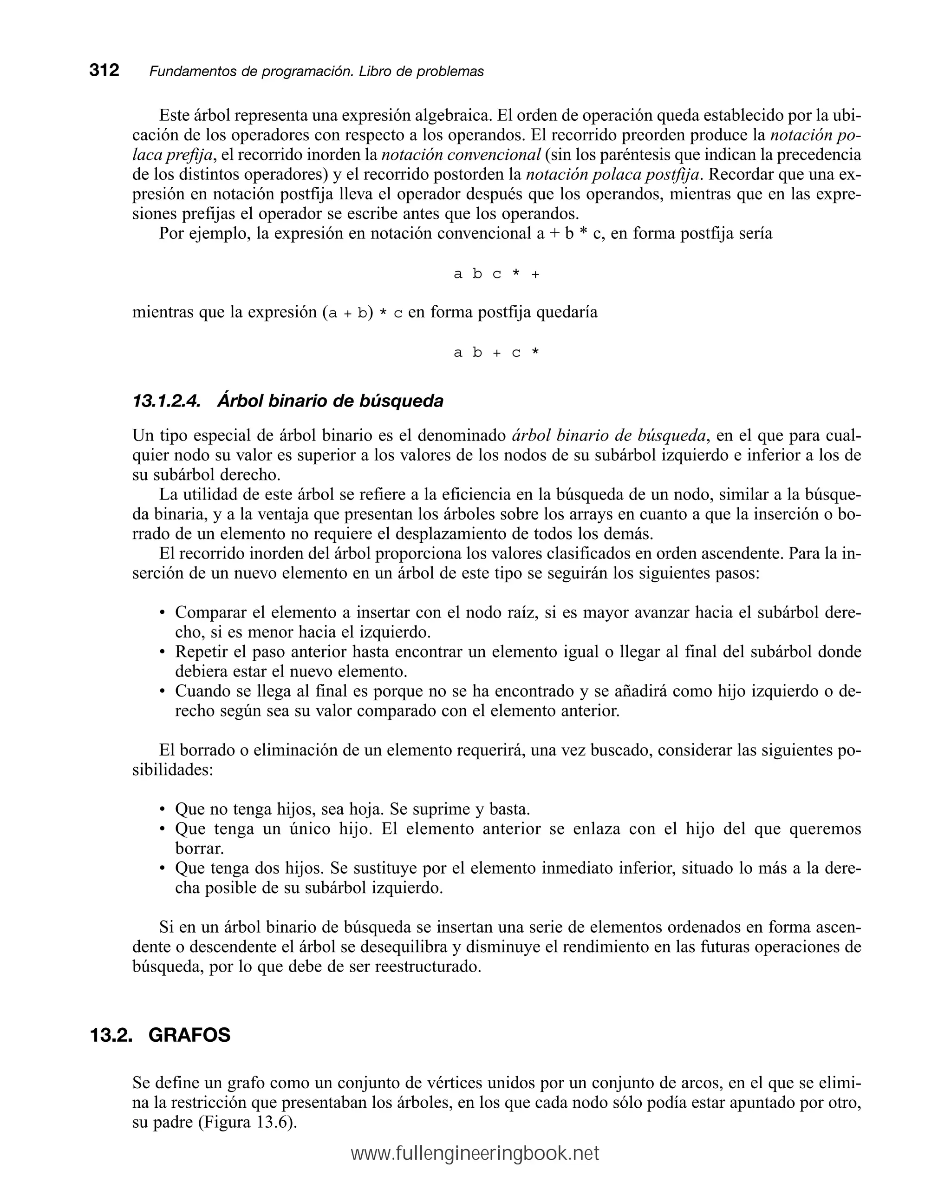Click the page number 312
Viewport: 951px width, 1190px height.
coord(104,71)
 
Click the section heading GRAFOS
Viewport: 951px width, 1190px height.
coord(189,1035)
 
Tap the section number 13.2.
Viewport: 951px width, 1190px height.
coord(111,1035)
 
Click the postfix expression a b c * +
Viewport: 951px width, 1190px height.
coord(496,274)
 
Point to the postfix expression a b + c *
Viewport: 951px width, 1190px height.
coord(496,353)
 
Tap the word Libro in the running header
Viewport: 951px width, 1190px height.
coord(376,72)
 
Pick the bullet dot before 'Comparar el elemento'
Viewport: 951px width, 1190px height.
coord(162,613)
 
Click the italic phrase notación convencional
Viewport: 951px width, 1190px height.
coord(461,155)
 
